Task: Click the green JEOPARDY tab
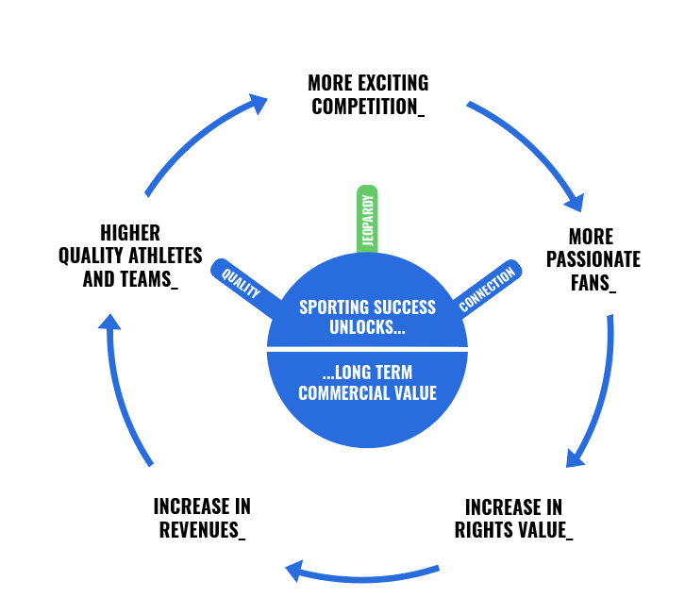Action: pyautogui.click(x=367, y=219)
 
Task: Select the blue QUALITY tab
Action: pyautogui.click(x=242, y=281)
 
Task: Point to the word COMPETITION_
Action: pyautogui.click(x=368, y=106)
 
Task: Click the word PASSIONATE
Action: pyautogui.click(x=593, y=258)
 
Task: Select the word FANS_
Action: pyautogui.click(x=593, y=282)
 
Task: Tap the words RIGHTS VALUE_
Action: pyautogui.click(x=513, y=530)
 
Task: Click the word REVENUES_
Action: pyautogui.click(x=202, y=530)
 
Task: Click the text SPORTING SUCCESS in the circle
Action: pyautogui.click(x=367, y=307)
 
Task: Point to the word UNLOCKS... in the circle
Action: pyautogui.click(x=367, y=328)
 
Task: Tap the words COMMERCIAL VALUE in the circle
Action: pyautogui.click(x=367, y=392)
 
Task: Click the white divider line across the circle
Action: pyautogui.click(x=367, y=349)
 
